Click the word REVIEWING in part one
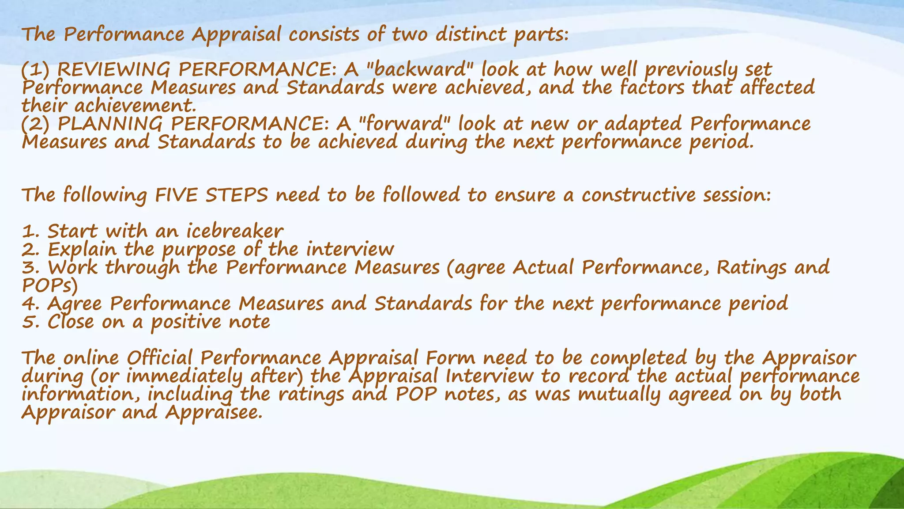(x=113, y=70)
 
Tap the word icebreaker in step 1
(x=234, y=231)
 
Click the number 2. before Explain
(x=30, y=250)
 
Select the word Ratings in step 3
(x=751, y=268)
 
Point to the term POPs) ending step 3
(x=49, y=286)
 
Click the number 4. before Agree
(x=30, y=304)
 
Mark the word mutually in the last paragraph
(x=619, y=395)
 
